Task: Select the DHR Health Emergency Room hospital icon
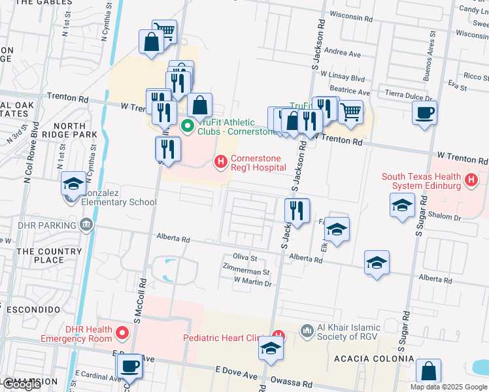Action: pos(122,334)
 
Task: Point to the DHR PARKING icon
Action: pos(86,225)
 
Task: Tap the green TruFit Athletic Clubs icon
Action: pos(187,125)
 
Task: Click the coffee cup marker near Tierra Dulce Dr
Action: pos(425,112)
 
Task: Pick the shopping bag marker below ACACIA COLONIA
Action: pos(428,371)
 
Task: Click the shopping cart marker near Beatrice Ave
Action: pos(351,112)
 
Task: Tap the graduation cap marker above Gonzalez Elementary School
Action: pos(73,184)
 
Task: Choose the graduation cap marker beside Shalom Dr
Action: pos(402,205)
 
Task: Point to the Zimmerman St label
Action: pos(246,272)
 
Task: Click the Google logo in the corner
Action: pos(22,384)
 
